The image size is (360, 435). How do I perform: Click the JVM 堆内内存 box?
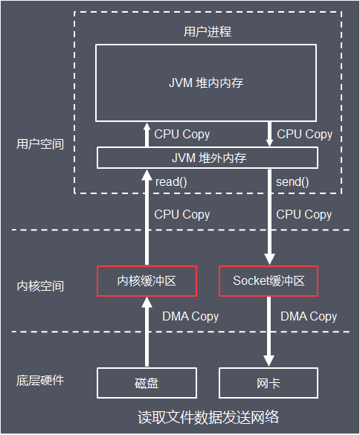click(x=207, y=83)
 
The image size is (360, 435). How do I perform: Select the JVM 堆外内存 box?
click(x=207, y=158)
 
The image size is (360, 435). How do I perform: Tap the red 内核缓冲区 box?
click(x=147, y=280)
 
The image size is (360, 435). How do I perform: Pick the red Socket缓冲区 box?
click(x=269, y=280)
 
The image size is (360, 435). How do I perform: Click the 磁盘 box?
click(x=147, y=383)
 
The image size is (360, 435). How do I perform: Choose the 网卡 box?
click(x=269, y=383)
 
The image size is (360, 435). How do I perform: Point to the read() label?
click(x=170, y=181)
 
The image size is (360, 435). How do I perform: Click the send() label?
click(x=292, y=181)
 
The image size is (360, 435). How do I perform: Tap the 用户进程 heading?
click(x=207, y=31)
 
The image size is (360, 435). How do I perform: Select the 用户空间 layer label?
click(x=40, y=144)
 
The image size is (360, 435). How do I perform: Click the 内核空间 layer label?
click(x=40, y=286)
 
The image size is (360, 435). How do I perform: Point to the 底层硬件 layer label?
click(x=40, y=380)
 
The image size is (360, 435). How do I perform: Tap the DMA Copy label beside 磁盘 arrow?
click(x=190, y=316)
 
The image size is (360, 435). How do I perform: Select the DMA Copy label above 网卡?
click(x=309, y=316)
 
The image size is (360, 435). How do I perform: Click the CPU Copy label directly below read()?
click(x=182, y=214)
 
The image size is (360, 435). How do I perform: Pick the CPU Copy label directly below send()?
click(x=304, y=214)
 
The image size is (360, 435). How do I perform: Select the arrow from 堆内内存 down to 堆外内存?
click(x=269, y=135)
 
